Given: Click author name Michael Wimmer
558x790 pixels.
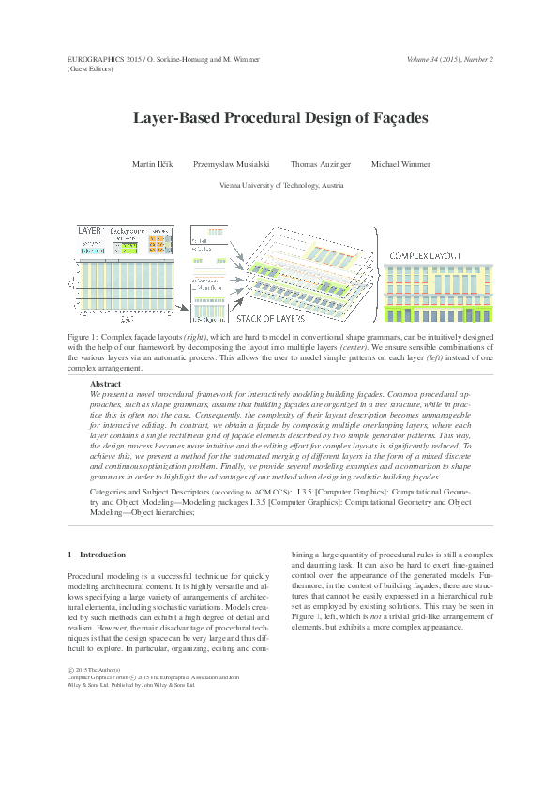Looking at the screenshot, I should pyautogui.click(x=400, y=164).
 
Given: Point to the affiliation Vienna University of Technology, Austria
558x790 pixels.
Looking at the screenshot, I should pyautogui.click(x=280, y=186).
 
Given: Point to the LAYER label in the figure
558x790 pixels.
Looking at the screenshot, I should pyautogui.click(x=89, y=230).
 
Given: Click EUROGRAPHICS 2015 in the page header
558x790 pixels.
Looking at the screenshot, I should pyautogui.click(x=97, y=59).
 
